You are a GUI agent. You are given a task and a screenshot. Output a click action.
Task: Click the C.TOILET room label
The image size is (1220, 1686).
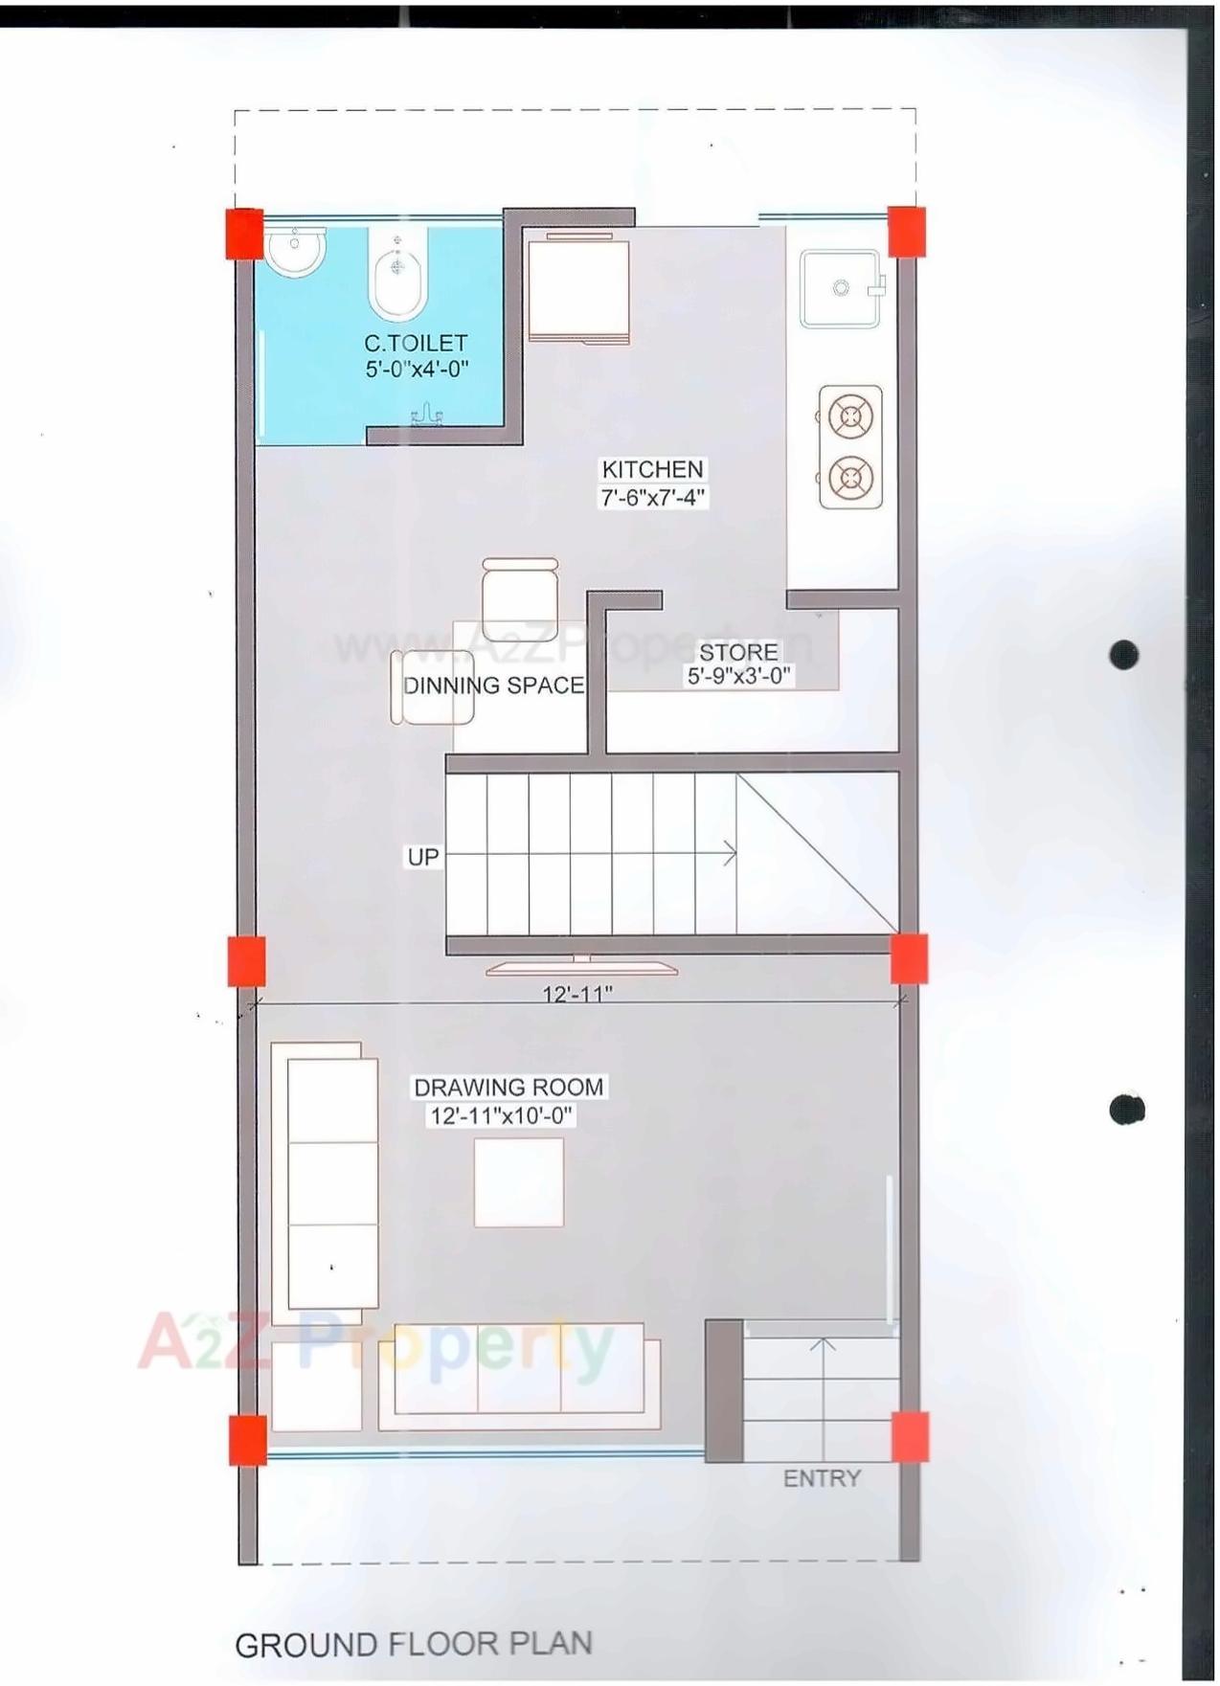416,343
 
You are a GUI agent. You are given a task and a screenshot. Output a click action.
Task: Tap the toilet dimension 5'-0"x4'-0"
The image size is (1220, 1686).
417,369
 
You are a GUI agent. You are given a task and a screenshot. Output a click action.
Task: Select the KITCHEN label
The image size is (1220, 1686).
652,469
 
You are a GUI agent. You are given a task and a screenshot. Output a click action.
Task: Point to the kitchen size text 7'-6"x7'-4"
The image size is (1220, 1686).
654,497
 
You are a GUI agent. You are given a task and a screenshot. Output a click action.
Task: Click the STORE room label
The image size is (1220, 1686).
738,653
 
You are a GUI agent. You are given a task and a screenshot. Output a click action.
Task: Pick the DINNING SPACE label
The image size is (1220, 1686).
493,686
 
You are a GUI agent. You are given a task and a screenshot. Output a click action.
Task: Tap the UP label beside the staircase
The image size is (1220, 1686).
423,857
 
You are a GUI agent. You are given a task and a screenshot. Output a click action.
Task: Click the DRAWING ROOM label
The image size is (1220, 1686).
508,1088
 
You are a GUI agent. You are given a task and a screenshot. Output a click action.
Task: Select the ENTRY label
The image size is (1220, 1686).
822,1479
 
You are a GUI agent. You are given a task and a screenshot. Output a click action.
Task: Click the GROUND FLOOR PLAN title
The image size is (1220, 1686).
414,1645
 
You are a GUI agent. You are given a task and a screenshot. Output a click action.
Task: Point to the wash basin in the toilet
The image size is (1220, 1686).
296,252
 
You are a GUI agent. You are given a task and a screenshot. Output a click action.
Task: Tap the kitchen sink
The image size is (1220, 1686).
841,288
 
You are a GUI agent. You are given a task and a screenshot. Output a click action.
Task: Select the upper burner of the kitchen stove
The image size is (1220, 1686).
849,417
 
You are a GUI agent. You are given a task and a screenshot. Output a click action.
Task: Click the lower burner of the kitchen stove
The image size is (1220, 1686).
849,476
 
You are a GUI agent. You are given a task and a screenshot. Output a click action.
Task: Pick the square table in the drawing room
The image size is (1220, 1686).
519,1182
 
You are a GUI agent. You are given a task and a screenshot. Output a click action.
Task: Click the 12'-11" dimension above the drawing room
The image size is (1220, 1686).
577,995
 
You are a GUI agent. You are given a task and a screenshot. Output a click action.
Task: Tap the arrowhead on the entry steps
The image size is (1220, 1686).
822,1345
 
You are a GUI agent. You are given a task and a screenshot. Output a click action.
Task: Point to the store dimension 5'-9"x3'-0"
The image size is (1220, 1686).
738,677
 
